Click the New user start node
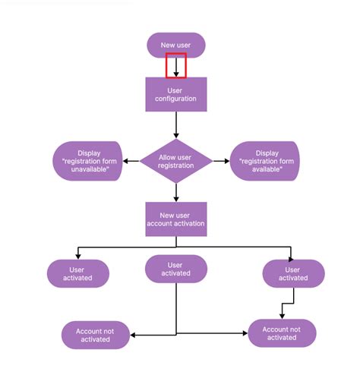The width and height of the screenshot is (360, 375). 176,46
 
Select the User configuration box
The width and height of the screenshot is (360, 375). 176,94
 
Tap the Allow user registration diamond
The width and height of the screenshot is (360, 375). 176,161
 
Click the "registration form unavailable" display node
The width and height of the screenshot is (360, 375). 88,161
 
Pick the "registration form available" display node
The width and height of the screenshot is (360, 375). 265,161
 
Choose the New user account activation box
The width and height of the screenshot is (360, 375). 176,219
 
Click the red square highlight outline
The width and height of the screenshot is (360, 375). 176,65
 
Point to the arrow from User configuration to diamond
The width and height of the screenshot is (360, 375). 176,125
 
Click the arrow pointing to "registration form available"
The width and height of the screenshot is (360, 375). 221,161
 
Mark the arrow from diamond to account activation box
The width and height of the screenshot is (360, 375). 176,192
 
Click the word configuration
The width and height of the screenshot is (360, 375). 176,99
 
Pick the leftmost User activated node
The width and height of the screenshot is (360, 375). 78,273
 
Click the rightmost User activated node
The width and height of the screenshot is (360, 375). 293,273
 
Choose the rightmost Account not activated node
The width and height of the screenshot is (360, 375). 282,333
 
